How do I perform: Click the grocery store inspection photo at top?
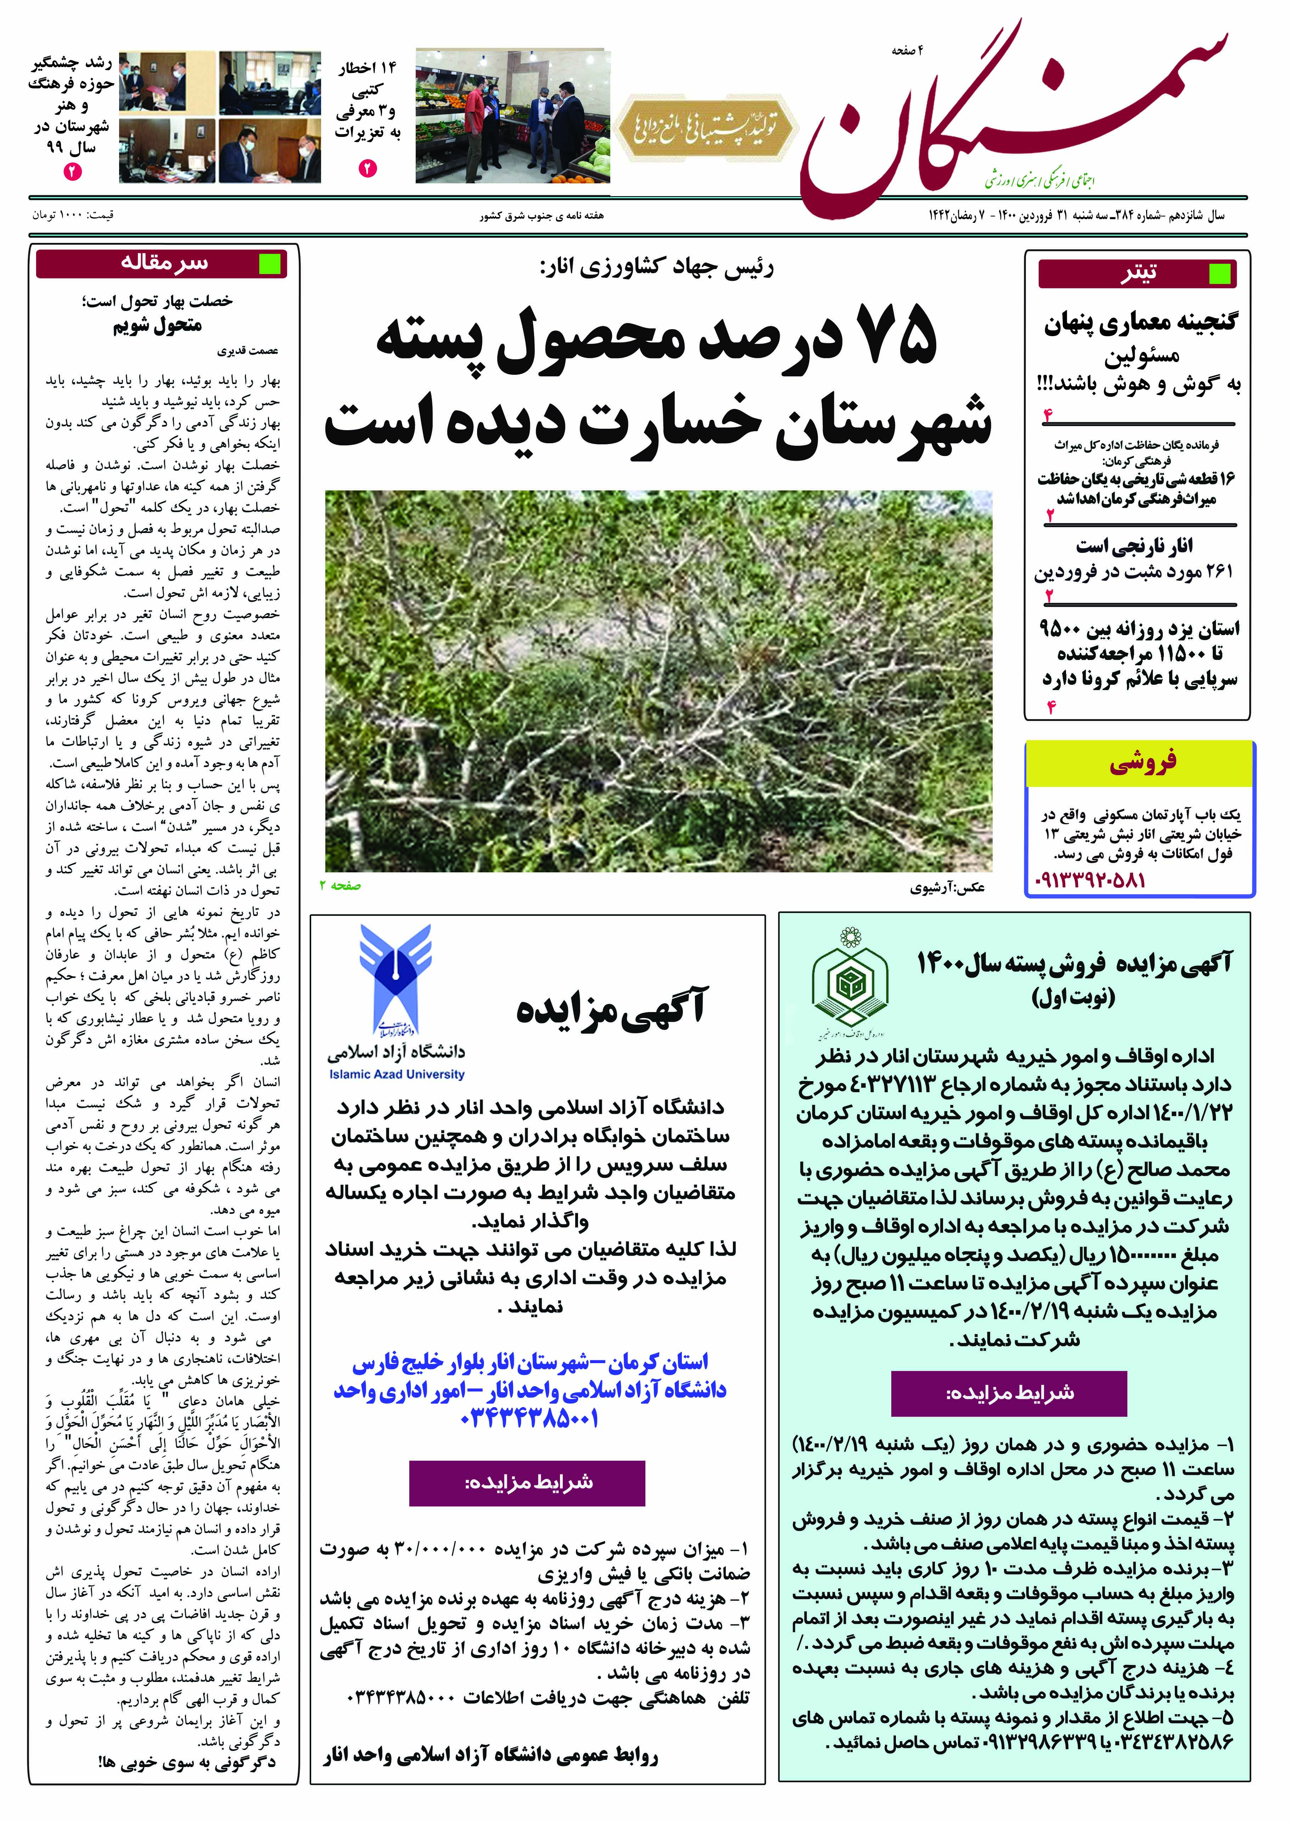(x=512, y=117)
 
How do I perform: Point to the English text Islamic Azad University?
(x=396, y=1074)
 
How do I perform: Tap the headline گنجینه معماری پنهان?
(x=1140, y=323)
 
